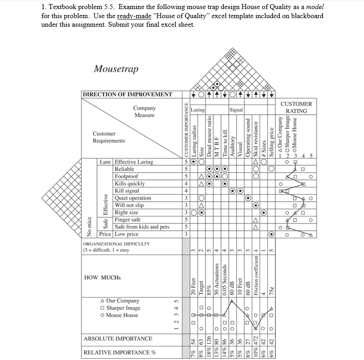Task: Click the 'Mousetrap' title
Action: tap(116, 69)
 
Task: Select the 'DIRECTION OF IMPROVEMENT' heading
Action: tap(127, 95)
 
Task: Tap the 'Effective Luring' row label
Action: tap(134, 162)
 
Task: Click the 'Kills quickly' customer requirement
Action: tap(130, 183)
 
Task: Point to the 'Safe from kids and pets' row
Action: tap(142, 227)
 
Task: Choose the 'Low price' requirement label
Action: tap(126, 234)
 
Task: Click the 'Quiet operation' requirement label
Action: tap(133, 198)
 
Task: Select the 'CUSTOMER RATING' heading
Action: tap(296, 107)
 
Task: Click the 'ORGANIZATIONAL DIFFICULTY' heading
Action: tap(116, 244)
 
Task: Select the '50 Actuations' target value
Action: tap(217, 277)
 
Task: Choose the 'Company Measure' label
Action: tap(144, 111)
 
